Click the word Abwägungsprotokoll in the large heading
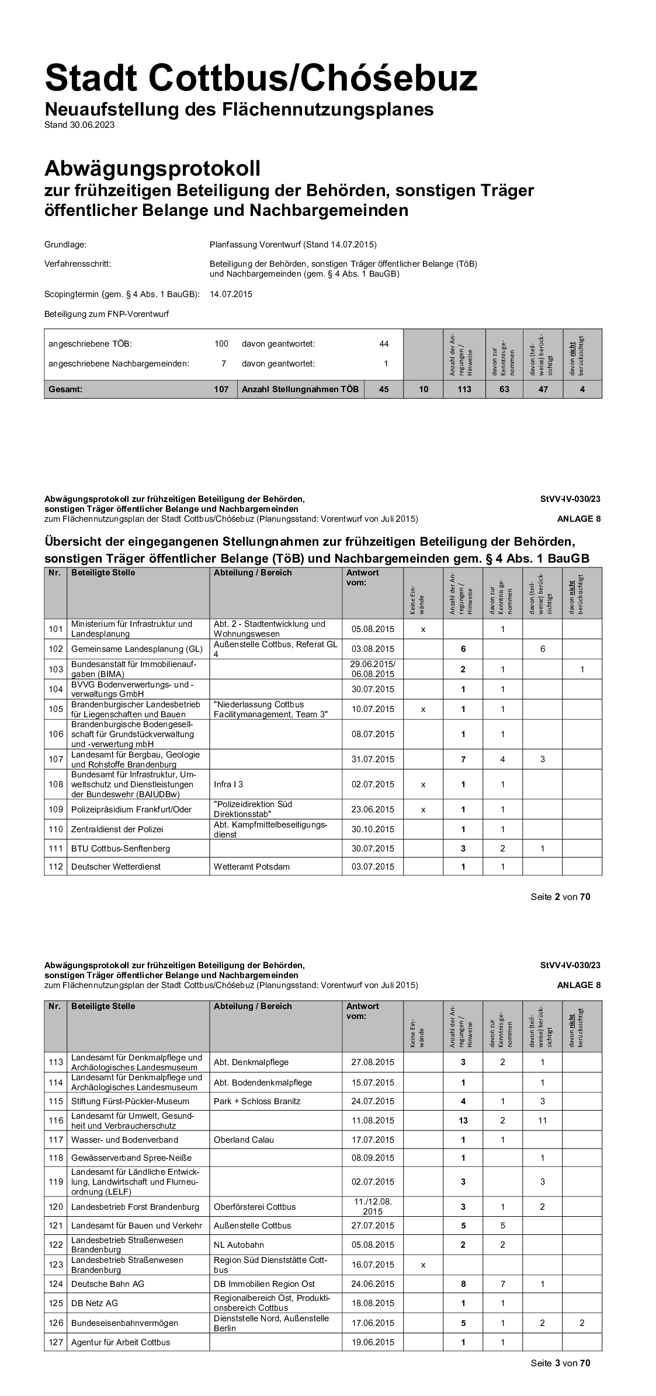tap(152, 169)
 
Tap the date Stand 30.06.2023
tap(79, 125)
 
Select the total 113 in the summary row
tap(464, 389)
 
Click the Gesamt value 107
tap(221, 389)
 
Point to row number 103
tap(55, 669)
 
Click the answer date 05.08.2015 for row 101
tap(373, 629)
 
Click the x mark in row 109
tap(423, 809)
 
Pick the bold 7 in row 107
tap(463, 759)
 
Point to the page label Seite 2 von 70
tap(560, 897)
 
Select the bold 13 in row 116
tap(463, 1121)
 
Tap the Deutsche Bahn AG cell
tap(107, 1284)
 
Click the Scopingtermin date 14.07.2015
tap(231, 294)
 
